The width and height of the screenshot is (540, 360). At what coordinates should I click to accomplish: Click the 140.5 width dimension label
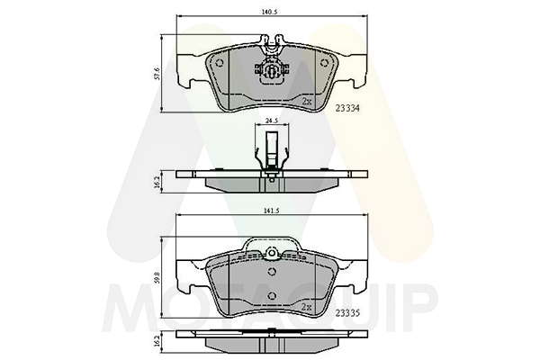[x=269, y=12]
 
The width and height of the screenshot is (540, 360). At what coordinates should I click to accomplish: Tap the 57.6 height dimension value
[x=157, y=74]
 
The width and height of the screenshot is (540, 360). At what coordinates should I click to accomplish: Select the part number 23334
[x=347, y=108]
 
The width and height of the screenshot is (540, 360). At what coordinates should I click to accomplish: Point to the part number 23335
[x=347, y=313]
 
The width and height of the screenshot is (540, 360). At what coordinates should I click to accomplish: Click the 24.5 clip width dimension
[x=272, y=121]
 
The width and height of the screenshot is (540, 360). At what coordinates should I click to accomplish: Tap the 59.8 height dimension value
[x=157, y=278]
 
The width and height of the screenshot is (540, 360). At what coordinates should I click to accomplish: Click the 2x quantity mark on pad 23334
[x=307, y=102]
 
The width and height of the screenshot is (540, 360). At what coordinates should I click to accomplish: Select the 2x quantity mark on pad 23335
[x=306, y=307]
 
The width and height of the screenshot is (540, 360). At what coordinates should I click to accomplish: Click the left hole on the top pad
[x=220, y=63]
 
